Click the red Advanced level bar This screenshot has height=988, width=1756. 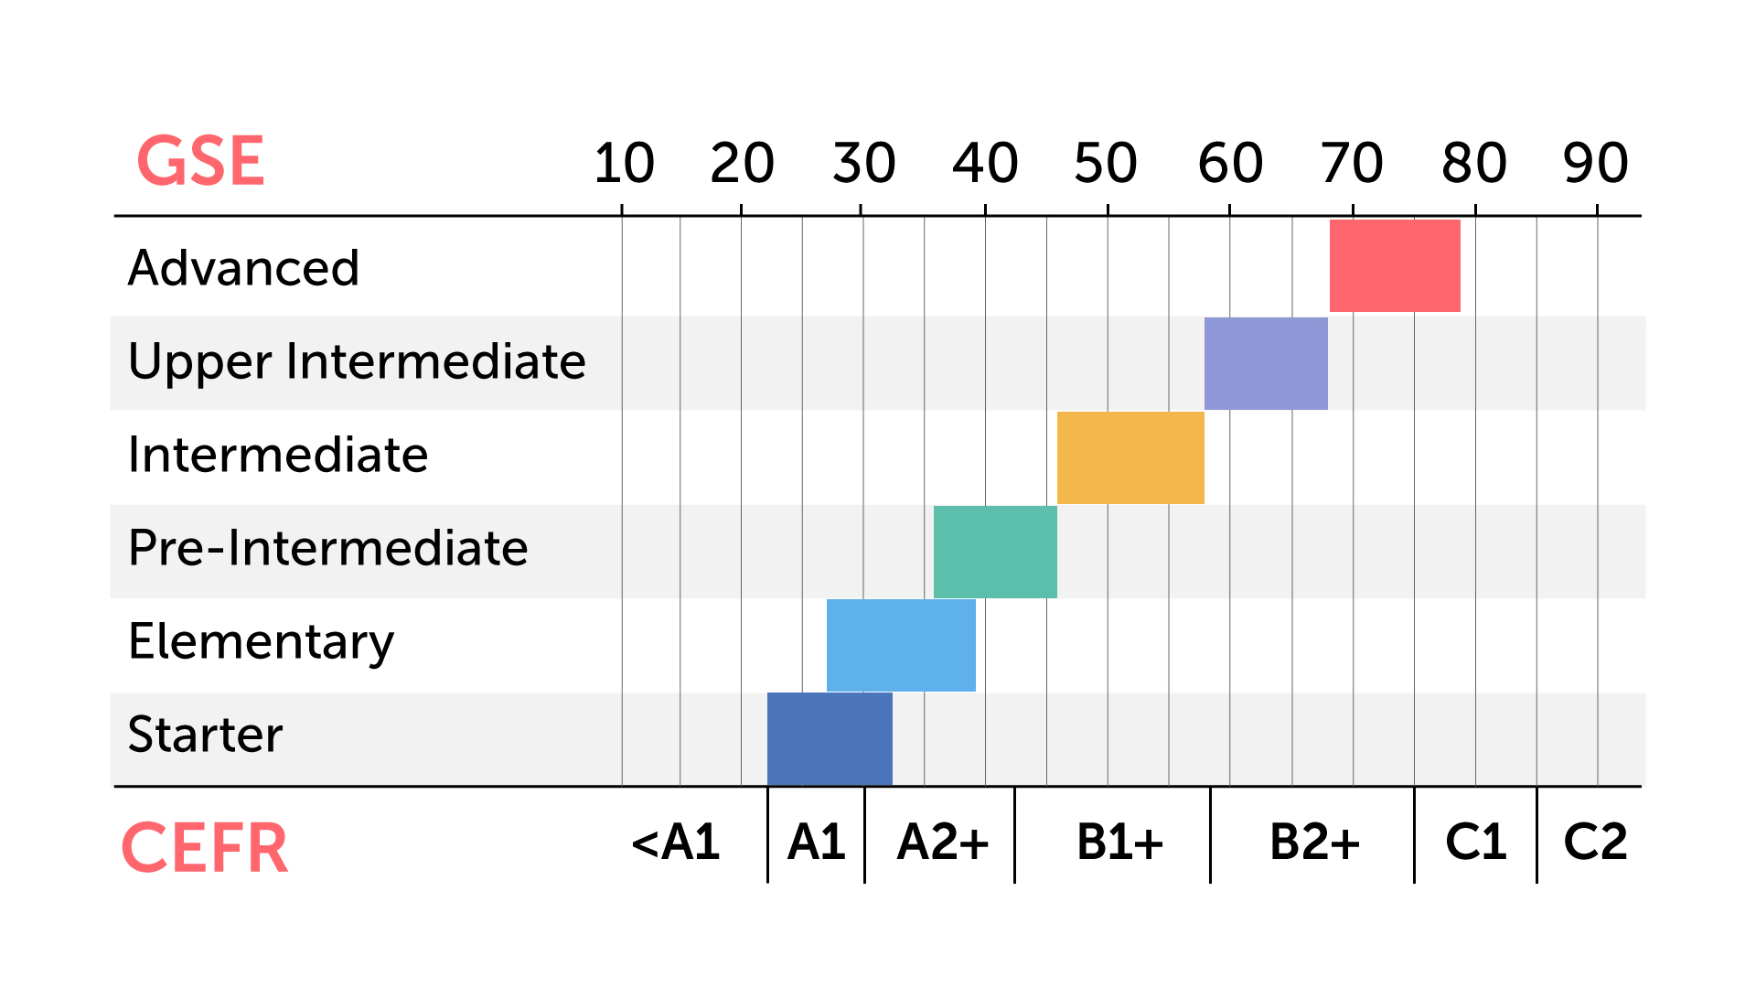[1395, 265]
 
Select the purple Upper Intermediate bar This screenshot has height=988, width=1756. [1266, 363]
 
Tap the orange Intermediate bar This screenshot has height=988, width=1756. [1130, 457]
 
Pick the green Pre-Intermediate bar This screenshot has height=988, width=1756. [995, 552]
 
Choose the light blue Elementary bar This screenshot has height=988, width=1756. [901, 645]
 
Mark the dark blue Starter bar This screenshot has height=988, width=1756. [830, 738]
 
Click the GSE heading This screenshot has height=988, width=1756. [200, 162]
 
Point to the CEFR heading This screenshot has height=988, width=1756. [205, 848]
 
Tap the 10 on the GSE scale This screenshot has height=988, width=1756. [624, 164]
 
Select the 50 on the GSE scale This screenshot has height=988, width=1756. [1106, 164]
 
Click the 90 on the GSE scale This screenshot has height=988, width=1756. [1595, 164]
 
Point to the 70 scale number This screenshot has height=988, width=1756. [1351, 164]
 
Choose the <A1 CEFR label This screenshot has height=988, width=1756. [676, 842]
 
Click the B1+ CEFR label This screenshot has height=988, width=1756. [1119, 842]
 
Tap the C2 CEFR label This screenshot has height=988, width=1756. [1595, 842]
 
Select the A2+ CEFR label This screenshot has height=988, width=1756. [943, 842]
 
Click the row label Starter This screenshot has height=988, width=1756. [206, 734]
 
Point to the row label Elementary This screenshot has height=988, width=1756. [261, 641]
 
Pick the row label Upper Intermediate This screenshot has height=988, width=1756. [357, 361]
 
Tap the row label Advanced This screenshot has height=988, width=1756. [243, 268]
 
